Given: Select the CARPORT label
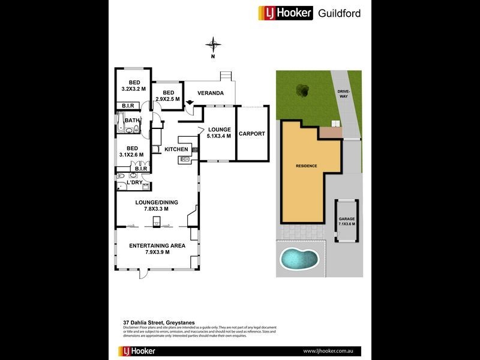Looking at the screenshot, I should [x=251, y=134].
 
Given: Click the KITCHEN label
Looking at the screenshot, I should [x=176, y=149].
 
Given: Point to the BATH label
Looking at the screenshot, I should [x=132, y=121].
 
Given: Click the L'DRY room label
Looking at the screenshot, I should [x=134, y=182].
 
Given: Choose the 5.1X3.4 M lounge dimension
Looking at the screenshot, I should [x=219, y=136].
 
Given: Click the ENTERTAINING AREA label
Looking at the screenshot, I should [x=157, y=245].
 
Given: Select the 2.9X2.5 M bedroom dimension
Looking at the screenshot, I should [x=168, y=99].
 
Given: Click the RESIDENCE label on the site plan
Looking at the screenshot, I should [x=306, y=166].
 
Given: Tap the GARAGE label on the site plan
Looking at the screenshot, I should [x=346, y=219].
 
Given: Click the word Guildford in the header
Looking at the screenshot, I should [x=339, y=13].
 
